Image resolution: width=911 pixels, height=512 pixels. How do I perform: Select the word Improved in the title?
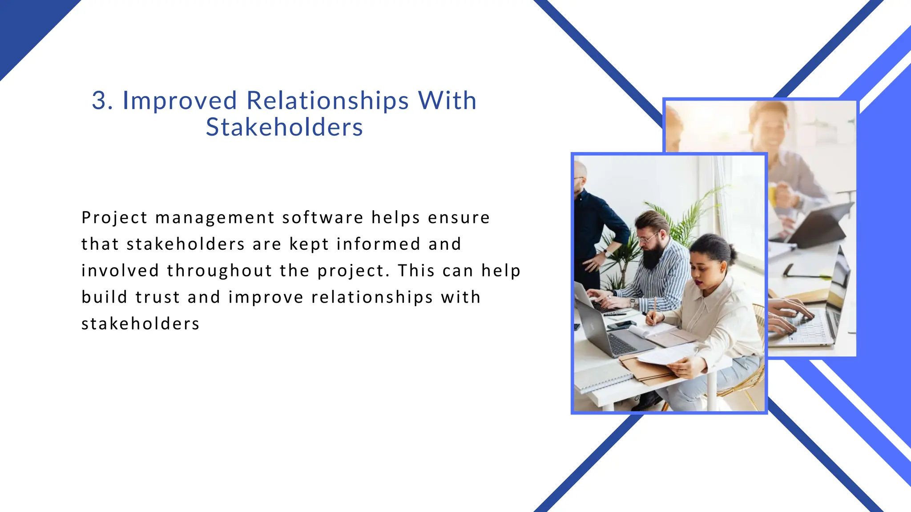179,101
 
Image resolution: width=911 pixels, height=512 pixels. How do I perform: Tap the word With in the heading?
447,100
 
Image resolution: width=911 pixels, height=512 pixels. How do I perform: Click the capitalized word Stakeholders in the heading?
284,128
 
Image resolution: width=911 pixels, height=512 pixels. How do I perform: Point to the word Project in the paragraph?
114,218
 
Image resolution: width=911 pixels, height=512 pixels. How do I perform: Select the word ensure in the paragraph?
459,218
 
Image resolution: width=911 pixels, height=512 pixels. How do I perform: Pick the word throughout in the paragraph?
219,271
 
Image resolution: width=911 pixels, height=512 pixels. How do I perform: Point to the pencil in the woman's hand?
654,307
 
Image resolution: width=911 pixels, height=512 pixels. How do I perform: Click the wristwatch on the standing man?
605,252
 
